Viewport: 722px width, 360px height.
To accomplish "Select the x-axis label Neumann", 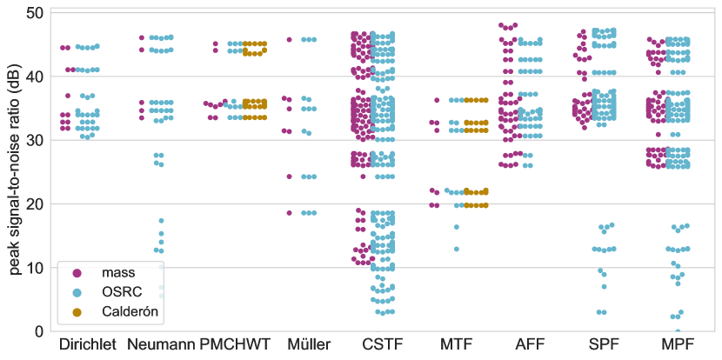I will (x=160, y=345).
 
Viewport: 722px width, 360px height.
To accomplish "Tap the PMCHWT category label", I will (x=236, y=345).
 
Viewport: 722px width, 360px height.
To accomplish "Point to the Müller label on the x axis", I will (x=309, y=345).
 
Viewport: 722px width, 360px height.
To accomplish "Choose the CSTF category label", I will (x=383, y=345).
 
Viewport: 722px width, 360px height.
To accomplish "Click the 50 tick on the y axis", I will (x=35, y=13).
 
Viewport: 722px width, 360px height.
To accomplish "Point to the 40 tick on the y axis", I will (x=35, y=77).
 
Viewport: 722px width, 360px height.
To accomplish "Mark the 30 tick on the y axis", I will (x=35, y=140).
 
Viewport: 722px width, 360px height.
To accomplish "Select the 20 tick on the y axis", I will (x=35, y=203).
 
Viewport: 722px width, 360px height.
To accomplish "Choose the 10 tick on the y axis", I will (x=35, y=267).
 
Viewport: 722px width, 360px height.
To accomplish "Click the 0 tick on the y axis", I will (x=39, y=330).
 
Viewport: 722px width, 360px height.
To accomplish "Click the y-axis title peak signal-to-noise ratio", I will (x=16, y=171).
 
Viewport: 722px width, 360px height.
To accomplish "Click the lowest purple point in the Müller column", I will (x=290, y=213).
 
